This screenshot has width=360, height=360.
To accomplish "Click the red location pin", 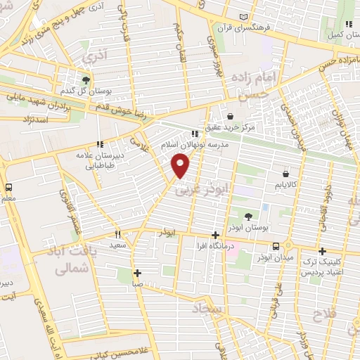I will (181, 165).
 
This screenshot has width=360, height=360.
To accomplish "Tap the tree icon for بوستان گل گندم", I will (86, 79).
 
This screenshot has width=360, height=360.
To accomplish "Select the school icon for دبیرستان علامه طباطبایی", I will (100, 145).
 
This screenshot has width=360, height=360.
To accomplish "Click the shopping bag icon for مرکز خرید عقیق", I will (231, 117).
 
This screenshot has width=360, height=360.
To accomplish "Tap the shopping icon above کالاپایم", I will (285, 173).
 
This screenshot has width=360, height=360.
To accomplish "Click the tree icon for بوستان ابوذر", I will (248, 216).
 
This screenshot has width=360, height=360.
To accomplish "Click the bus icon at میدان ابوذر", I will (276, 246).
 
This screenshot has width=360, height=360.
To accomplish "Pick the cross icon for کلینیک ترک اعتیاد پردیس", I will (322, 251).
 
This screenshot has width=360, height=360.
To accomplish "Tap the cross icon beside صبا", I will (137, 273).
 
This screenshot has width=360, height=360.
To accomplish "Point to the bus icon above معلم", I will (9, 188).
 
